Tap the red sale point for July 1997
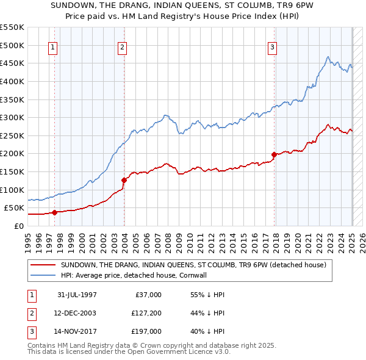point(54,212)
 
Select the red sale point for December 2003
point(124,180)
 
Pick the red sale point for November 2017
point(274,154)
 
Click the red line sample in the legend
point(42,265)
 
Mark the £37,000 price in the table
point(147,295)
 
